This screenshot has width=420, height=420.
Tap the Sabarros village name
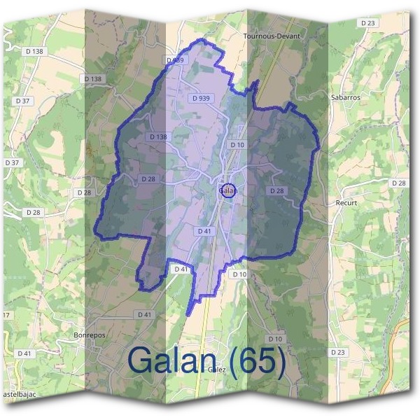click(x=345, y=98)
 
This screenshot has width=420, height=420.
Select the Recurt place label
click(x=346, y=202)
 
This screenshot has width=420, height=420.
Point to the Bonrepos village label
click(x=89, y=335)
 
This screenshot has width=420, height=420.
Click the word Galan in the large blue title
click(x=171, y=360)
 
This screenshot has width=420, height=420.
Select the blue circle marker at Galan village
click(x=227, y=190)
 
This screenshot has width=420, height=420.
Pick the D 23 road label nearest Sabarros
click(x=367, y=23)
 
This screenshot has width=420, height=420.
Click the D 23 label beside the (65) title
click(x=337, y=352)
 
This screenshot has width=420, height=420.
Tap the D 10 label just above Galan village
click(x=237, y=145)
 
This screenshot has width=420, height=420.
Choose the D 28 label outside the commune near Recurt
click(x=398, y=183)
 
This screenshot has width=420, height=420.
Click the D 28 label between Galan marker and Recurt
click(x=277, y=190)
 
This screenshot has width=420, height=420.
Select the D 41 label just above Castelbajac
click(x=24, y=353)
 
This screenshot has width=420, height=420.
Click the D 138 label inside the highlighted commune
click(x=158, y=136)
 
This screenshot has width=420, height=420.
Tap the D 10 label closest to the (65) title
click(x=274, y=339)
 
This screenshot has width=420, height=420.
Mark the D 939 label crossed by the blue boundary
click(x=176, y=61)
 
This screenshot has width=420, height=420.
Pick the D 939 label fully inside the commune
click(x=202, y=99)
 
